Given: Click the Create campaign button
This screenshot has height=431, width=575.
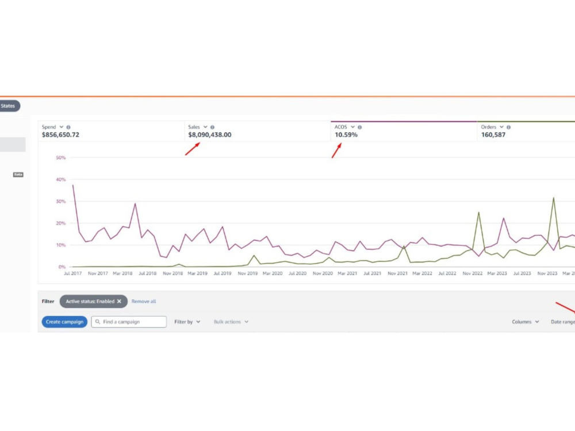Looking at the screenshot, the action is pyautogui.click(x=64, y=322).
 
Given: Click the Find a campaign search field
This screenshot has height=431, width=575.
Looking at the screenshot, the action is pyautogui.click(x=129, y=322).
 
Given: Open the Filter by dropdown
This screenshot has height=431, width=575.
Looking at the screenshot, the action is pyautogui.click(x=187, y=322).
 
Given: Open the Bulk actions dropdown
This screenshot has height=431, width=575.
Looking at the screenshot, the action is pyautogui.click(x=231, y=322).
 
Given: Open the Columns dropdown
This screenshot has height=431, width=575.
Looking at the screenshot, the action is pyautogui.click(x=525, y=322).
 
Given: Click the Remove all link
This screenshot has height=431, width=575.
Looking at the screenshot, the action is pyautogui.click(x=144, y=301).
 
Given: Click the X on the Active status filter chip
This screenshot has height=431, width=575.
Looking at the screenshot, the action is pyautogui.click(x=119, y=301).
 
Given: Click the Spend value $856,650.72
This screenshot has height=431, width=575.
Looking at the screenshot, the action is pyautogui.click(x=60, y=135).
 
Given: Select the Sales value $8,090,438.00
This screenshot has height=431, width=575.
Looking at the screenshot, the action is pyautogui.click(x=210, y=135).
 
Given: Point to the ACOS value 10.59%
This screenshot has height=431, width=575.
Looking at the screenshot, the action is pyautogui.click(x=346, y=135).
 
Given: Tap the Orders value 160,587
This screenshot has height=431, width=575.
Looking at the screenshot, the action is pyautogui.click(x=493, y=135).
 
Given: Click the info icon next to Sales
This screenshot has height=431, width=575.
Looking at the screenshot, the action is pyautogui.click(x=212, y=127).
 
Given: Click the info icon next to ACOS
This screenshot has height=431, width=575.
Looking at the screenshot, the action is pyautogui.click(x=360, y=127).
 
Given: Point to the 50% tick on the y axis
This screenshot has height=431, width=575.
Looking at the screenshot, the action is pyautogui.click(x=60, y=157).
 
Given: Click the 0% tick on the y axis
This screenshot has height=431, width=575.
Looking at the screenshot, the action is pyautogui.click(x=62, y=267).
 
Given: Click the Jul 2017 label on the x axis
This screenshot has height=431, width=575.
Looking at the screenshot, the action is pyautogui.click(x=72, y=274).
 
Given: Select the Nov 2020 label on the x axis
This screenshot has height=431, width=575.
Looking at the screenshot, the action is pyautogui.click(x=323, y=274).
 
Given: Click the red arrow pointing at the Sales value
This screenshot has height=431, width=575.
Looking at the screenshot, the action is pyautogui.click(x=193, y=149).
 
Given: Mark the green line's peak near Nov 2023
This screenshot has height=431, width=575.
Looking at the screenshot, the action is pyautogui.click(x=553, y=198).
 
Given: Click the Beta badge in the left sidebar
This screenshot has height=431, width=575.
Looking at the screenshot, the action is pyautogui.click(x=18, y=175).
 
